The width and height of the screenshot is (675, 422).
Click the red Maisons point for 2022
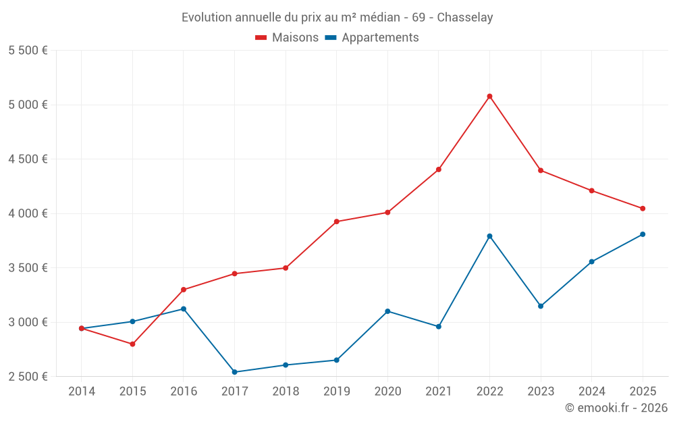[489, 97]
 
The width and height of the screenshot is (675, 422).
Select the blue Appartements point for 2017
[234, 372]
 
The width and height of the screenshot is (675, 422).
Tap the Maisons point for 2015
[132, 344]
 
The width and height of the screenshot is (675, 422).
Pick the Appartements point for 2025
[643, 234]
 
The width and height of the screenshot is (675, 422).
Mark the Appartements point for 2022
[489, 236]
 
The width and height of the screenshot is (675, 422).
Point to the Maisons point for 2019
[336, 221]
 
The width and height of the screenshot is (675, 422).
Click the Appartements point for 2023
[541, 306]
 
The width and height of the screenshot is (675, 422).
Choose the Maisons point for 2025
[643, 209]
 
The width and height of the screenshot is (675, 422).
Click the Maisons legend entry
[287, 38]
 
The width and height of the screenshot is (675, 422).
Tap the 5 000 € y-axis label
[28, 105]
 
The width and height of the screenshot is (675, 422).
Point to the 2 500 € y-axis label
[28, 377]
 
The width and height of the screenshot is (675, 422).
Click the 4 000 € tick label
[28, 213]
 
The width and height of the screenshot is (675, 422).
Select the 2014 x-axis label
[82, 392]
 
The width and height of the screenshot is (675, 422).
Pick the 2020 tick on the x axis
[387, 392]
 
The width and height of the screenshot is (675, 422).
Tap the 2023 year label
[541, 392]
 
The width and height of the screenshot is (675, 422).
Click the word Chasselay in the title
[464, 17]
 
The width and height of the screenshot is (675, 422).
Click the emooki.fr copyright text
[616, 408]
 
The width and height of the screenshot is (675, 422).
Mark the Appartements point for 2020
[387, 311]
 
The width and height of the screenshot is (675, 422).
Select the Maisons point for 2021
[439, 169]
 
